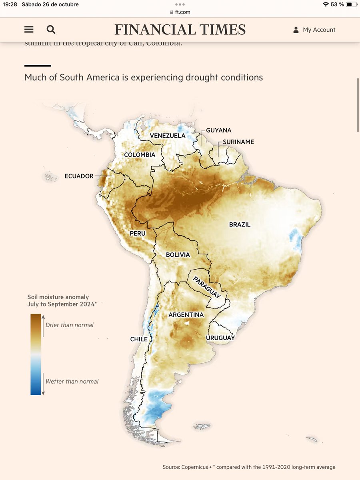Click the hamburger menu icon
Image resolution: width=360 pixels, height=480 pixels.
[x=29, y=30]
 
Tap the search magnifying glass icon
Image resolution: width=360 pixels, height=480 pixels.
[x=51, y=30]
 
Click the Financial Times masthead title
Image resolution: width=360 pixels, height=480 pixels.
[x=180, y=30]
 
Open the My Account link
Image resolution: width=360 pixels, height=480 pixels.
[x=314, y=30]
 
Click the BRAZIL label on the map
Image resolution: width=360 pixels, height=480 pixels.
[x=240, y=224]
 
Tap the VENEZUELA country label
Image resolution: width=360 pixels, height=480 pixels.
[x=168, y=136]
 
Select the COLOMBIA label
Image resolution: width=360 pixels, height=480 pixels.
[x=140, y=154]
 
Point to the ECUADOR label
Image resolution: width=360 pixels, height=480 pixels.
[x=79, y=176]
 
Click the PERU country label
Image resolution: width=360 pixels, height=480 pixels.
[x=137, y=233]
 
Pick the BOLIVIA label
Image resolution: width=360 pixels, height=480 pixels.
[x=178, y=255]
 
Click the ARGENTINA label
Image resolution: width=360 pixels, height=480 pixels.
[x=186, y=315]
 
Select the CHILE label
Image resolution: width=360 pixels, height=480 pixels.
[x=139, y=339]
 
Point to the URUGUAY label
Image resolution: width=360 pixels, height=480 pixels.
[x=220, y=338]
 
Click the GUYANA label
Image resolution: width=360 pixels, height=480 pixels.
[x=219, y=130]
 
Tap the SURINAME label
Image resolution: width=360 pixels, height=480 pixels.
[x=238, y=142]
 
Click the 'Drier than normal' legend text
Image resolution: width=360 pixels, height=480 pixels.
[x=70, y=325]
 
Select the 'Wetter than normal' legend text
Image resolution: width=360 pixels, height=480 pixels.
[x=72, y=382]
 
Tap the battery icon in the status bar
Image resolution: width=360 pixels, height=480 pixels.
[x=350, y=4]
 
